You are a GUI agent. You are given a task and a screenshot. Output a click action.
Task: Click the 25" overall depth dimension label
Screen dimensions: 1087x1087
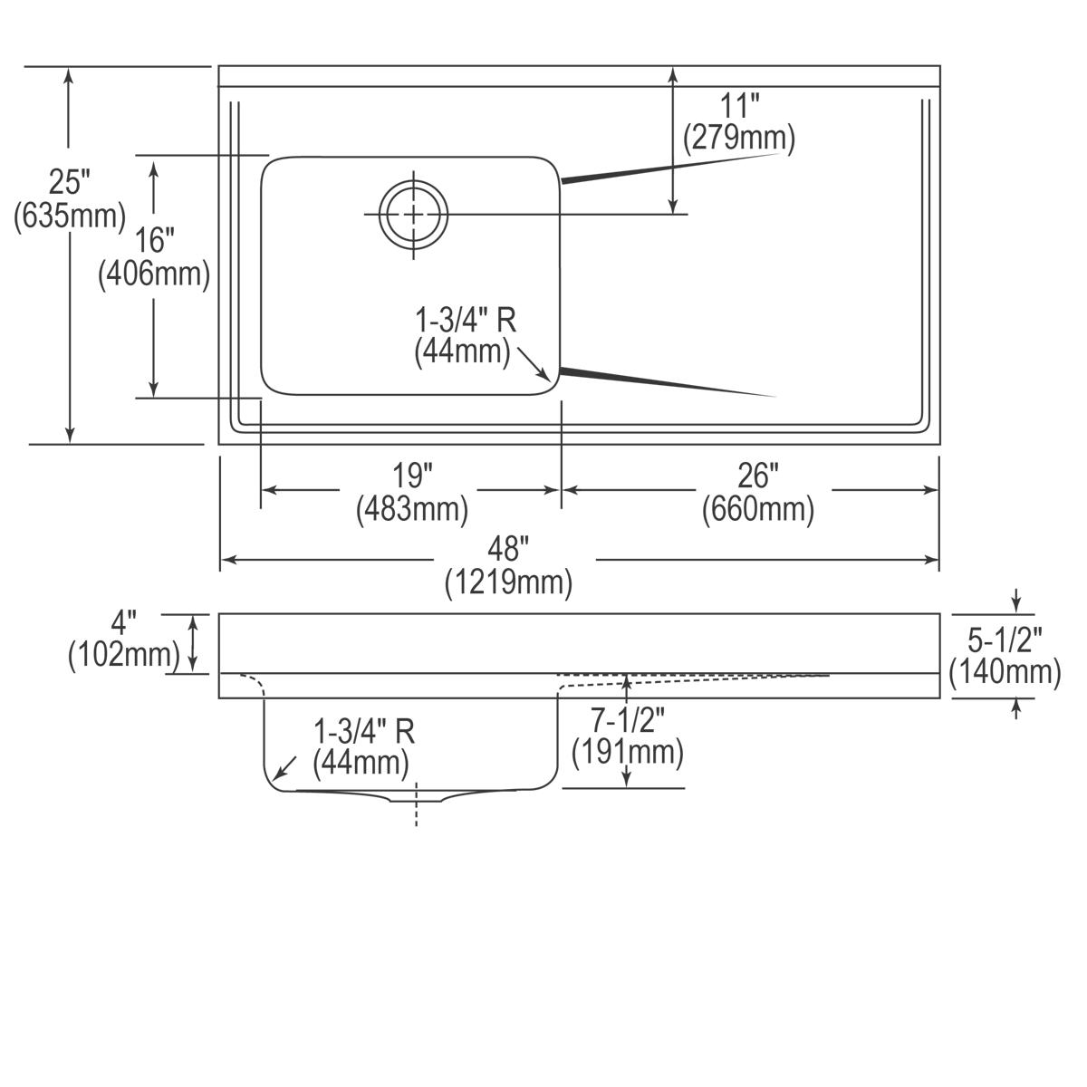tap(70, 182)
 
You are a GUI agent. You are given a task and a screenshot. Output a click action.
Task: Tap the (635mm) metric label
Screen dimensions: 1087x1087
tap(70, 216)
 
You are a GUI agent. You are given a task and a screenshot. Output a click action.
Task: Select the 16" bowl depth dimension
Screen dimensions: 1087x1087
tap(154, 240)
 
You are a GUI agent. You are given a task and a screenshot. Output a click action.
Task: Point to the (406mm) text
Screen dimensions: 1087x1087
tap(154, 274)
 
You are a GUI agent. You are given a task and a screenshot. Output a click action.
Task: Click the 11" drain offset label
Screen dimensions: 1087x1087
tap(739, 105)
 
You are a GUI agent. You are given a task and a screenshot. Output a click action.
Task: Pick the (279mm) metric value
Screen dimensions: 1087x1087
tap(739, 138)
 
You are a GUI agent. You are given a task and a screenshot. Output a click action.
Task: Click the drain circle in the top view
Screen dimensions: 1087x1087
tap(414, 215)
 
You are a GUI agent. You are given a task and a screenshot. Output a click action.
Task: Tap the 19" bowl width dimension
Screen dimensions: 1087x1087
tap(413, 475)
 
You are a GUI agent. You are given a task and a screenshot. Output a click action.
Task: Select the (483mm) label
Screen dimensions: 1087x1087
tap(413, 509)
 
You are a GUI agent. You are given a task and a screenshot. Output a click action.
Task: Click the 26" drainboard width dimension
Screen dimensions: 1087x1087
tap(758, 475)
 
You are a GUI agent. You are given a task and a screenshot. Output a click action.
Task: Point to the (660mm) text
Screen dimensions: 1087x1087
tap(758, 509)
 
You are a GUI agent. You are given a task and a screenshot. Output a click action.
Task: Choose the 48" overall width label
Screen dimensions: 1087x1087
tap(508, 549)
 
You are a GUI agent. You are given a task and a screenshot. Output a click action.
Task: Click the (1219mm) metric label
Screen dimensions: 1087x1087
tap(508, 582)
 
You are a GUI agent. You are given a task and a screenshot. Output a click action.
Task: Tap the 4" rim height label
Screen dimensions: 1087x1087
tap(124, 622)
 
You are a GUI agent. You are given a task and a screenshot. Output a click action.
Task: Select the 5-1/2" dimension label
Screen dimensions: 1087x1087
tap(1005, 640)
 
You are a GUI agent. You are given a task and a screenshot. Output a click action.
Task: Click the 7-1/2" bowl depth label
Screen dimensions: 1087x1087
tap(628, 720)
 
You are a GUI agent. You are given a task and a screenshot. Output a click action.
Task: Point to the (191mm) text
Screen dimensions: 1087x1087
tap(628, 753)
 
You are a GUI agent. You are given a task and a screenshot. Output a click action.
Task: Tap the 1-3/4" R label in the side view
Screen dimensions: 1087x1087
tap(364, 730)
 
